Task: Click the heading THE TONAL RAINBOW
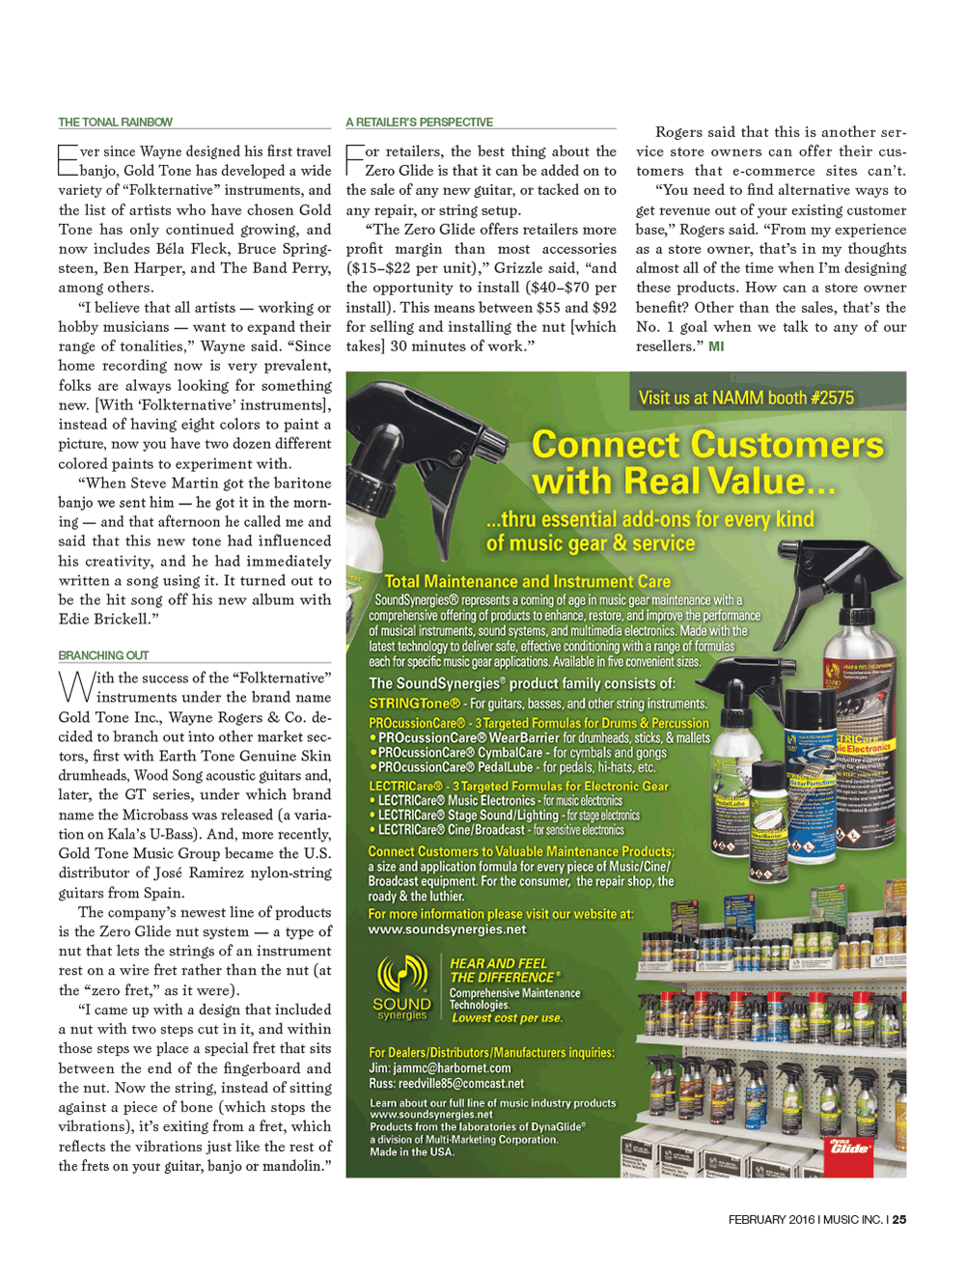[115, 123]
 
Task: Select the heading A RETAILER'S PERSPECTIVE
[419, 123]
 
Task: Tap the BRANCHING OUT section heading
[103, 655]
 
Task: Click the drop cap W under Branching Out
[76, 686]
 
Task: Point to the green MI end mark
[716, 346]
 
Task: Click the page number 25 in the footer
[899, 1220]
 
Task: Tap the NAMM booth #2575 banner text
[746, 398]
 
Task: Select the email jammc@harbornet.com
[440, 1068]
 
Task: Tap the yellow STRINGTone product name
[415, 704]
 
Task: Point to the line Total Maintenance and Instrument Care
[527, 581]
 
